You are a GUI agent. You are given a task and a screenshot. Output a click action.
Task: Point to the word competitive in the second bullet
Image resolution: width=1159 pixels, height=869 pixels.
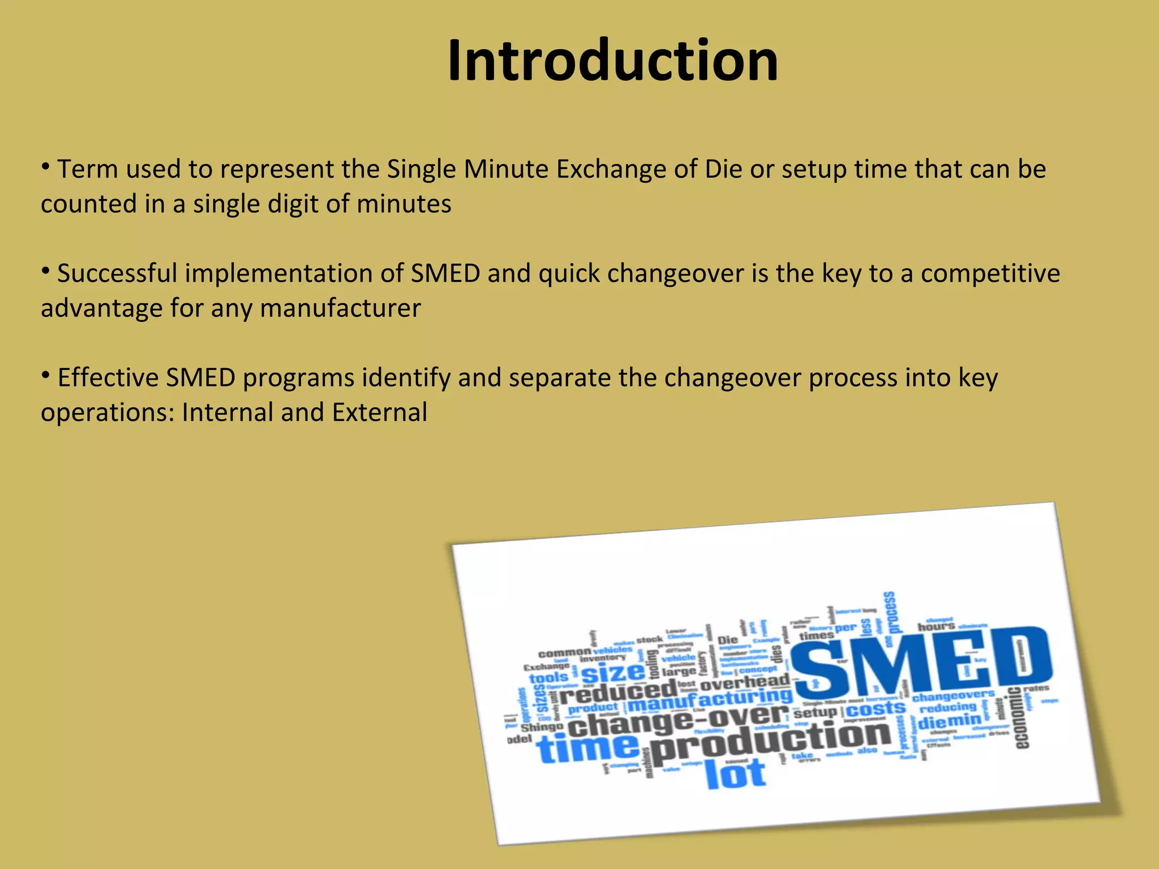tap(990, 274)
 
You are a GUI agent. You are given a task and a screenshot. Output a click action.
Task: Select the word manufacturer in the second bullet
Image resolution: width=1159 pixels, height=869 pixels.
tap(340, 309)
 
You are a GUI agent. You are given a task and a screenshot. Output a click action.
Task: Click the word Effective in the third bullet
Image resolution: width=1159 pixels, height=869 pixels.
tap(108, 378)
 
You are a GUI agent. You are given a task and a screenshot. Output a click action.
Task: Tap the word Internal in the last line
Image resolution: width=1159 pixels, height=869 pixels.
tap(227, 412)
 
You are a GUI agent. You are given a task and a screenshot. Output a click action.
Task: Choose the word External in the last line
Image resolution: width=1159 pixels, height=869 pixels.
tap(379, 412)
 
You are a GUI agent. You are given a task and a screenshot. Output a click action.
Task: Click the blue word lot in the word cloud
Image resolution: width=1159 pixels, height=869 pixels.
tap(736, 773)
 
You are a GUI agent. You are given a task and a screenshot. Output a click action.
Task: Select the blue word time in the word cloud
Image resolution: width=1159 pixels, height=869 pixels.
tap(589, 748)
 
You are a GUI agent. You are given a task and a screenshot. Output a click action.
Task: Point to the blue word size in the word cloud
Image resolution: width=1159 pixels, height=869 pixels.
tap(613, 673)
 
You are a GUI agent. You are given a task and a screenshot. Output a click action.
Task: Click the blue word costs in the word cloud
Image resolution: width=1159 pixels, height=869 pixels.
tap(875, 709)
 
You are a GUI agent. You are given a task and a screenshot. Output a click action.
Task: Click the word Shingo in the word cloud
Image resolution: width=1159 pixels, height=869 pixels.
tap(542, 727)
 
